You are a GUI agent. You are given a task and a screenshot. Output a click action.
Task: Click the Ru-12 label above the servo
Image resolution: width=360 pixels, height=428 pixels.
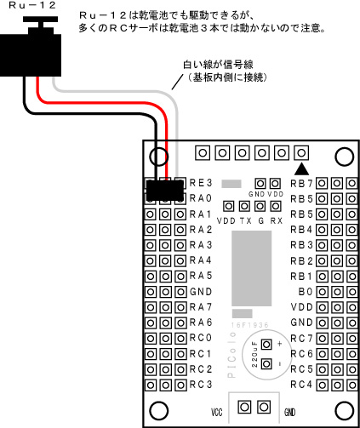coord(32,5)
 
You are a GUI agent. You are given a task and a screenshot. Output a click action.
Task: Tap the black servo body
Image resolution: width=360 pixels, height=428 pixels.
coord(31,55)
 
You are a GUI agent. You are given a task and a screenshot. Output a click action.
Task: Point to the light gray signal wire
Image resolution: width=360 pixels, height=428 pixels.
coord(119,91)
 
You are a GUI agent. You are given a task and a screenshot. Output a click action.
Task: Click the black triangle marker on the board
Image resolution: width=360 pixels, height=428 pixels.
coord(301,168)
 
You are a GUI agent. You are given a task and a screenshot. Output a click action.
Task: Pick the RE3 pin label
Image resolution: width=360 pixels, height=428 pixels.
coord(201,183)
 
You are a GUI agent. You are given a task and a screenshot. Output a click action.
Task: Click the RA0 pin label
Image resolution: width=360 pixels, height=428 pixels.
coord(201,198)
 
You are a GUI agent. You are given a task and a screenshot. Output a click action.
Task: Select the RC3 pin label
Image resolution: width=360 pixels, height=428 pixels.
coord(201,385)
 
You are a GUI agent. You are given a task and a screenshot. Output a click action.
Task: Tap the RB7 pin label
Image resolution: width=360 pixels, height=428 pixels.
coord(301,184)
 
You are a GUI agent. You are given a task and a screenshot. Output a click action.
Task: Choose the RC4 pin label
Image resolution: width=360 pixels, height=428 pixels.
coord(301,385)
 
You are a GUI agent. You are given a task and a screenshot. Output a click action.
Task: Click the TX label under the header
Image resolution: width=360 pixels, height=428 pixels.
coord(246,220)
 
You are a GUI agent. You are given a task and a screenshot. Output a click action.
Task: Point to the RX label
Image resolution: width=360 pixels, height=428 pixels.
coord(277,220)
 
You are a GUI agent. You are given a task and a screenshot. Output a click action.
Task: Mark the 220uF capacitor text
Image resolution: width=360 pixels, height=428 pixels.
coord(254,354)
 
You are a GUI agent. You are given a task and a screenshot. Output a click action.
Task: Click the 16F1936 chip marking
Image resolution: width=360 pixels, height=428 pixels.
coord(249,325)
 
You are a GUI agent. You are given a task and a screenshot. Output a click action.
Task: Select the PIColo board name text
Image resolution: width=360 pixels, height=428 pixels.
coord(231,355)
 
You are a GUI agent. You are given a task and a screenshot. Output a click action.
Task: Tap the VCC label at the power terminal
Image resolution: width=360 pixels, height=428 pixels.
coord(216,412)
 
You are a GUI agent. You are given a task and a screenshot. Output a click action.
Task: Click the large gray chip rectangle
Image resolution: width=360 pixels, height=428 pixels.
coord(252,268)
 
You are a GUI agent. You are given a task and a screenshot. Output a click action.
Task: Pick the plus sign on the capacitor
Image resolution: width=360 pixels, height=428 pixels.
coord(280,344)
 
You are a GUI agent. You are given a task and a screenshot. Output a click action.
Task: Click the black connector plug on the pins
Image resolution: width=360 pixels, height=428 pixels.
coord(165,191)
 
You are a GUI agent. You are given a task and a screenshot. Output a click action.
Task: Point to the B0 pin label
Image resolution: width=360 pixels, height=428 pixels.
coord(306,292)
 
